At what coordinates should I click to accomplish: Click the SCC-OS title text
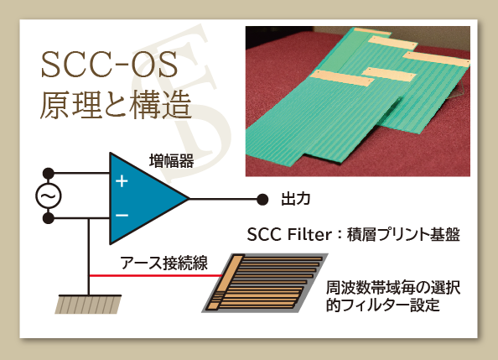pyautogui.click(x=109, y=65)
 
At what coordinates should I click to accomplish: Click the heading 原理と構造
pyautogui.click(x=116, y=105)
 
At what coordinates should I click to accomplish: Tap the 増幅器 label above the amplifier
pyautogui.click(x=172, y=161)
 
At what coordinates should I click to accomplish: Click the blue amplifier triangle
pyautogui.click(x=143, y=198)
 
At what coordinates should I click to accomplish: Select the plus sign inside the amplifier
pyautogui.click(x=122, y=181)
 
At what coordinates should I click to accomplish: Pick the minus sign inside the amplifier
pyautogui.click(x=122, y=216)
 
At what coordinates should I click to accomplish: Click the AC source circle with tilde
pyautogui.click(x=49, y=196)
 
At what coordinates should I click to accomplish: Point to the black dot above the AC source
pyautogui.click(x=49, y=174)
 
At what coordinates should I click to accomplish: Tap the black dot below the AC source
pyautogui.click(x=49, y=218)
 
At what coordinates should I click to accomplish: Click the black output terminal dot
pyautogui.click(x=262, y=200)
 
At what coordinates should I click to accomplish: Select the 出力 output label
pyautogui.click(x=296, y=199)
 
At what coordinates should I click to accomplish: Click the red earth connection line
pyautogui.click(x=156, y=275)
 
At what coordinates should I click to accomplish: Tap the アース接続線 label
pyautogui.click(x=163, y=263)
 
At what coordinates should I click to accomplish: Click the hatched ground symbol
pyautogui.click(x=88, y=305)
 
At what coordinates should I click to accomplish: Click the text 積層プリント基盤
pyautogui.click(x=403, y=235)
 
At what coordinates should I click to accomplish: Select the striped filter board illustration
pyautogui.click(x=265, y=283)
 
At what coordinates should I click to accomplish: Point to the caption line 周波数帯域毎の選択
pyautogui.click(x=393, y=288)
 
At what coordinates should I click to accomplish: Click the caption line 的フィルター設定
pyautogui.click(x=383, y=305)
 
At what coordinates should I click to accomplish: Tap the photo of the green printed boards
pyautogui.click(x=358, y=102)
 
